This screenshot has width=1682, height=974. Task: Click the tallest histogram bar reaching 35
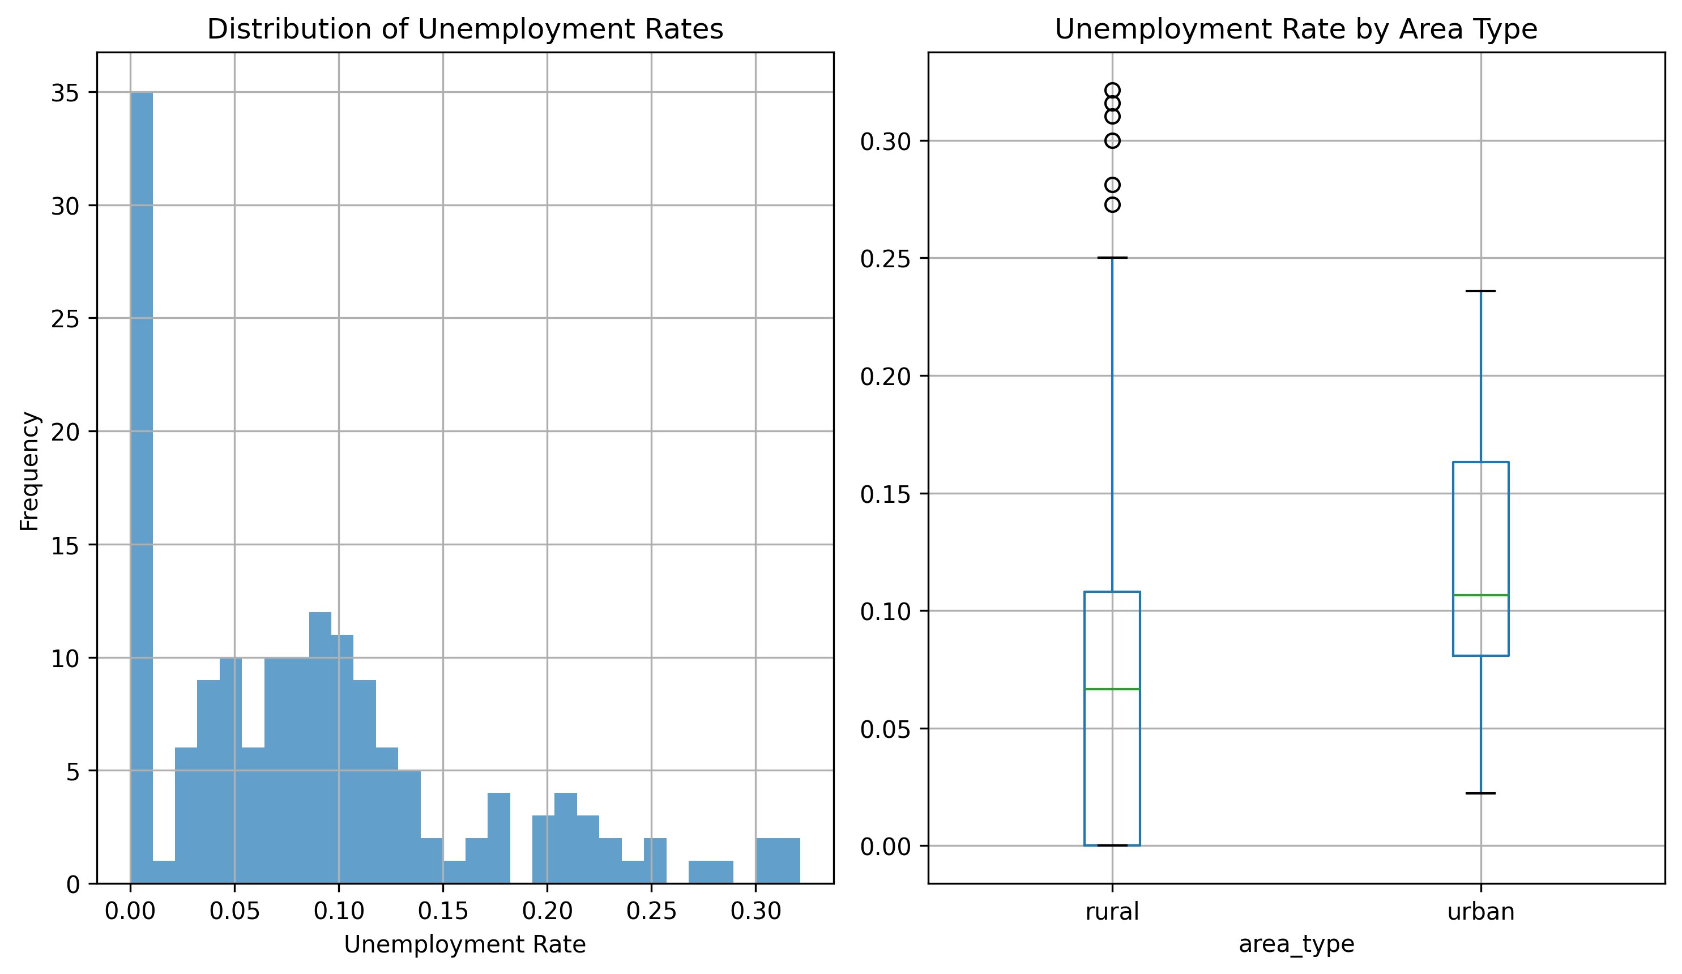pyautogui.click(x=142, y=488)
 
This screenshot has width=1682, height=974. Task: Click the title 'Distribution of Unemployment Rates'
pyautogui.click(x=464, y=29)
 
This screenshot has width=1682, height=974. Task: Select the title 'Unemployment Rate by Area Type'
pyautogui.click(x=1296, y=29)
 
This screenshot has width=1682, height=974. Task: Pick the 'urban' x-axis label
pyautogui.click(x=1480, y=911)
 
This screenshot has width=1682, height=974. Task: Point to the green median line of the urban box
pyautogui.click(x=1480, y=595)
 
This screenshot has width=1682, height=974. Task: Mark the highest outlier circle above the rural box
pyautogui.click(x=1112, y=90)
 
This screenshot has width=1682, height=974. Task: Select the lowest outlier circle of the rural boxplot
pyautogui.click(x=1112, y=204)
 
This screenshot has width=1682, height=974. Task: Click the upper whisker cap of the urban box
pyautogui.click(x=1480, y=291)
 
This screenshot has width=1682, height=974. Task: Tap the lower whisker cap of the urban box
pyautogui.click(x=1480, y=793)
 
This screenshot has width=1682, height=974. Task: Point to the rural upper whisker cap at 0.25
pyautogui.click(x=1112, y=257)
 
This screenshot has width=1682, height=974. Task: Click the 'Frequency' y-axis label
pyautogui.click(x=29, y=471)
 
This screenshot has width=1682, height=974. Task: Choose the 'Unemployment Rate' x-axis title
pyautogui.click(x=464, y=945)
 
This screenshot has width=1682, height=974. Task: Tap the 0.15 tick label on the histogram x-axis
pyautogui.click(x=442, y=911)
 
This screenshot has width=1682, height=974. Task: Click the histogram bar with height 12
pyautogui.click(x=320, y=747)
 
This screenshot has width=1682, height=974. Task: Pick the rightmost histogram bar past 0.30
pyautogui.click(x=788, y=861)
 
